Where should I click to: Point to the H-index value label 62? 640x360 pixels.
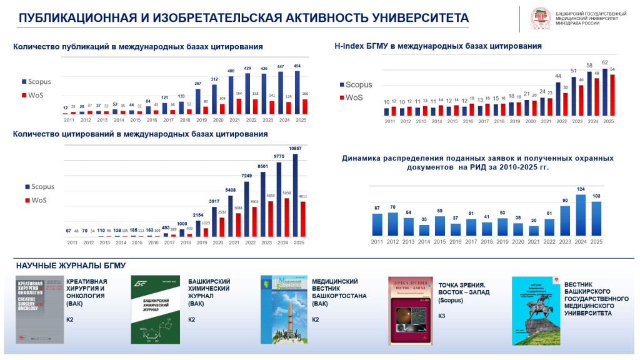pos(604,62)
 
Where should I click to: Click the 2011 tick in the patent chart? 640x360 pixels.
pos(377,241)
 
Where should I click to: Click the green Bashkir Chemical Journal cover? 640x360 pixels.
pos(155,310)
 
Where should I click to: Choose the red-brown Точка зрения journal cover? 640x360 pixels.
pos(410,311)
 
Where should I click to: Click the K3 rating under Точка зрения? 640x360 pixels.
pos(442,316)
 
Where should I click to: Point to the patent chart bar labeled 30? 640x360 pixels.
pos(533,230)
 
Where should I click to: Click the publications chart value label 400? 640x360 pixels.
pos(231,71)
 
